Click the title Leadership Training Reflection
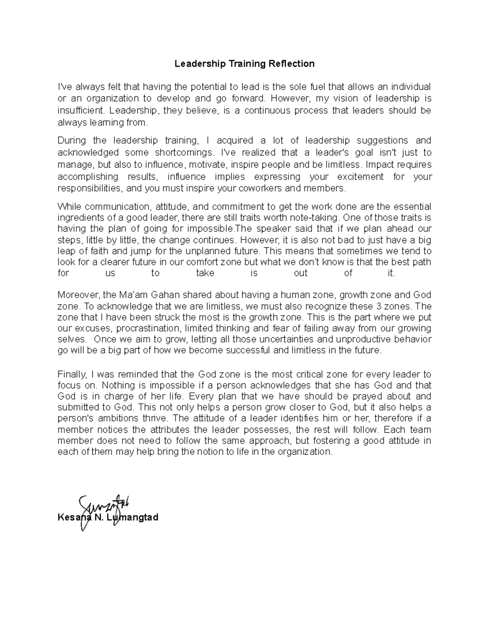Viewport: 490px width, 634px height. click(x=245, y=64)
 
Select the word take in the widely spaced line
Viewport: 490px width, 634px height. click(x=205, y=273)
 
